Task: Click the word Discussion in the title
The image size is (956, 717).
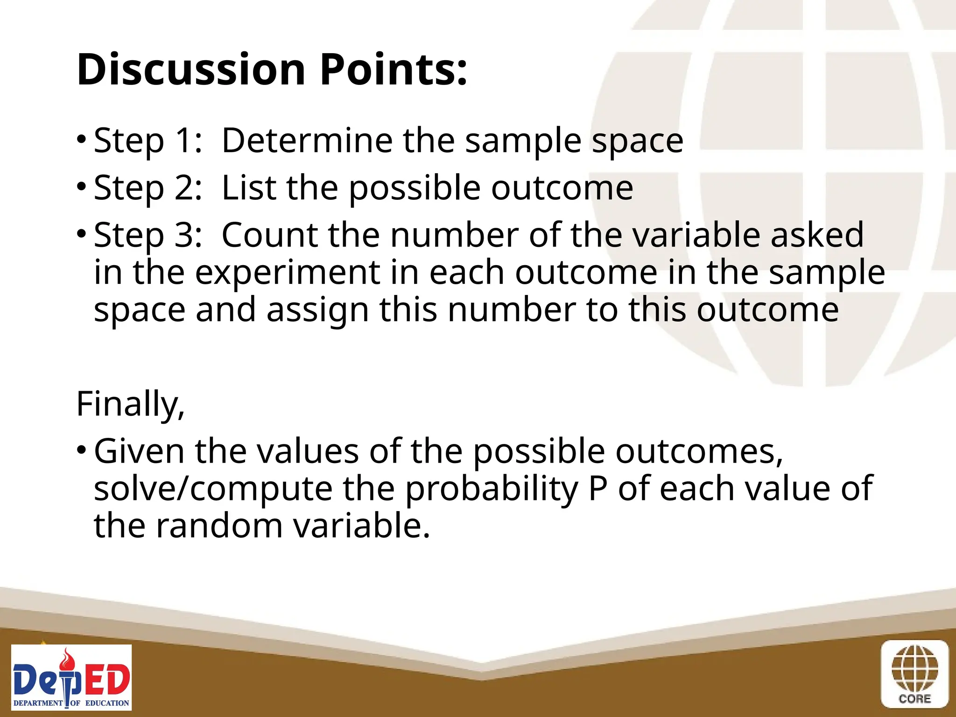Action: pyautogui.click(x=191, y=70)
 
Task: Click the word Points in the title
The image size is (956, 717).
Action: pyautogui.click(x=393, y=70)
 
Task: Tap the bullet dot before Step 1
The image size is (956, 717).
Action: pyautogui.click(x=82, y=140)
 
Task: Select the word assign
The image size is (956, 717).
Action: pyautogui.click(x=318, y=311)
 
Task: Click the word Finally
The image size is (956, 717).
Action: pyautogui.click(x=130, y=404)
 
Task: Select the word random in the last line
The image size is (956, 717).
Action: pyautogui.click(x=219, y=526)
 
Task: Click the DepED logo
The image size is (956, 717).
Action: pyautogui.click(x=71, y=677)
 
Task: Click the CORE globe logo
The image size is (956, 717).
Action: pyautogui.click(x=914, y=674)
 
